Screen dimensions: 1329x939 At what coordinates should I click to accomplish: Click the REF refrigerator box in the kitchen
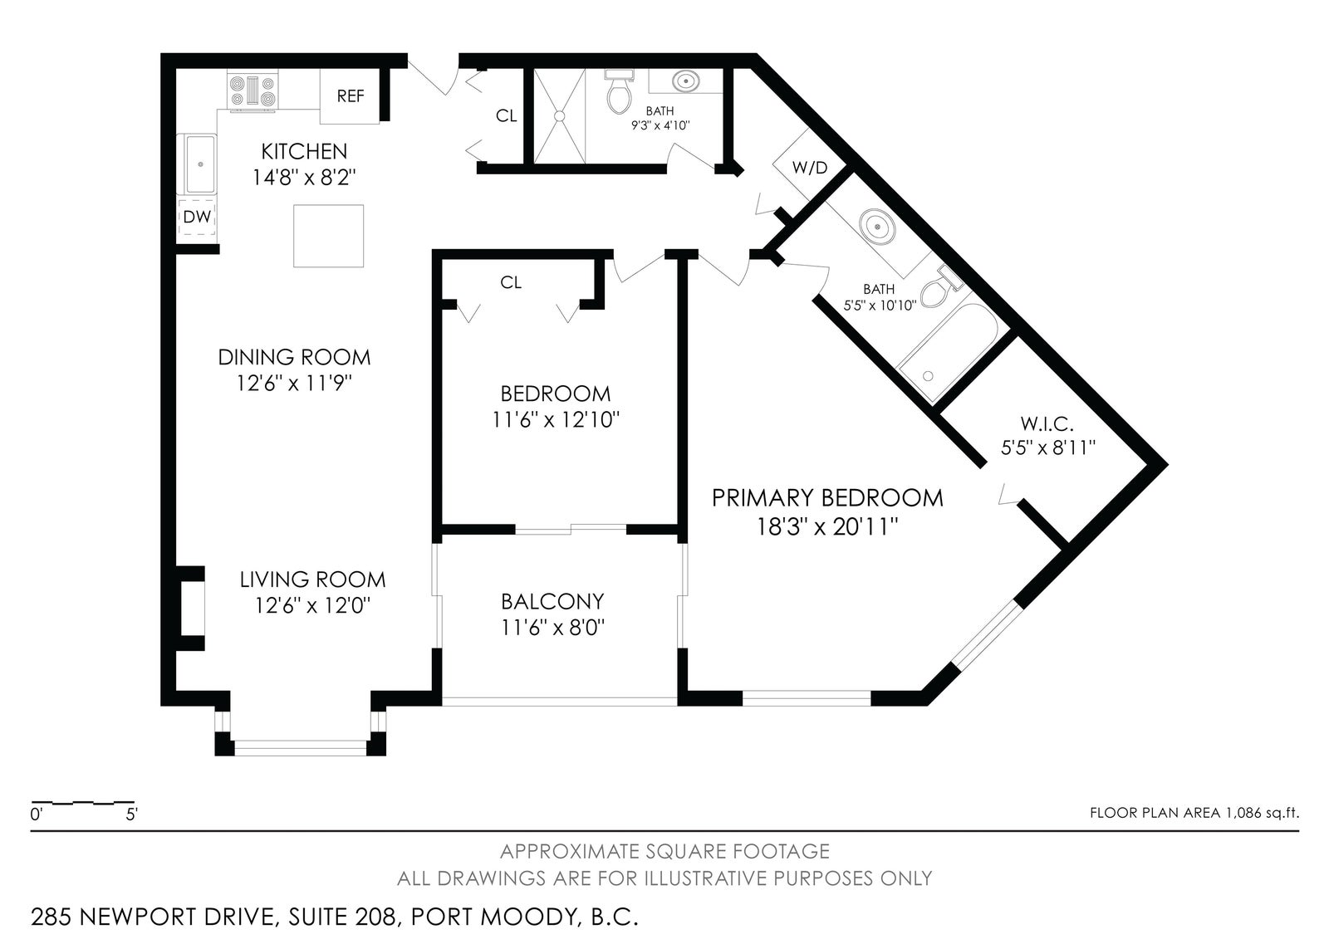(350, 96)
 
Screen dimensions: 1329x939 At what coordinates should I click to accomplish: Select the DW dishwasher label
(198, 217)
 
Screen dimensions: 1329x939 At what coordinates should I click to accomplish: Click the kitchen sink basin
(200, 164)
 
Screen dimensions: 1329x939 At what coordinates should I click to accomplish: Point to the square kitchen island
(329, 236)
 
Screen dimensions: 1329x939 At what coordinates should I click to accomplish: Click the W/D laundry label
(810, 168)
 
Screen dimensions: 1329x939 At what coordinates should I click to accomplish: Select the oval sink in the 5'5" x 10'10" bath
(877, 226)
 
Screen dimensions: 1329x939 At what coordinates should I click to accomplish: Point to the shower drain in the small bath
(560, 116)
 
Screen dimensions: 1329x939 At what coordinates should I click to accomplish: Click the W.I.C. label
(1047, 423)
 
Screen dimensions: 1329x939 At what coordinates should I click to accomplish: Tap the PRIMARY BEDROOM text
(827, 498)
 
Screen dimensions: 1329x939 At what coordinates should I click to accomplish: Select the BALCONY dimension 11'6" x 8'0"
(552, 628)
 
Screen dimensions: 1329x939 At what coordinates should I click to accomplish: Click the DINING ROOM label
(294, 357)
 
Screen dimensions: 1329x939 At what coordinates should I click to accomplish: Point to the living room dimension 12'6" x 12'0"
(312, 605)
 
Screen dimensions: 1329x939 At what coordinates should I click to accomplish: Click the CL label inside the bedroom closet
(511, 282)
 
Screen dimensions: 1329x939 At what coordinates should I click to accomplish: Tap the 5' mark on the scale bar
(132, 814)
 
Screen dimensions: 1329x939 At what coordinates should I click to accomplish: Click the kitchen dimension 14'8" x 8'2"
(304, 178)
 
